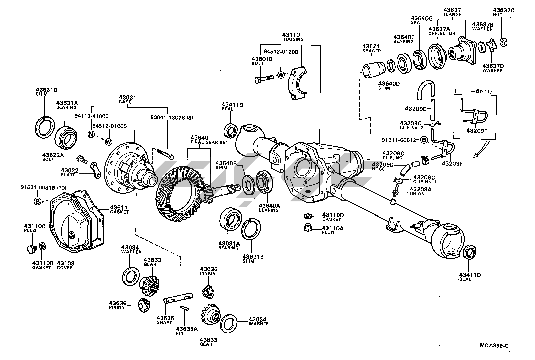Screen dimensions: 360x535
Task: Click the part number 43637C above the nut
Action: click(503, 11)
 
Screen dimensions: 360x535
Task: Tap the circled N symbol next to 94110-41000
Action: click(91, 134)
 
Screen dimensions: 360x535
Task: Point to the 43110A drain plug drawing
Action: click(307, 228)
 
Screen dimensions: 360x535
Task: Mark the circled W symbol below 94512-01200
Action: click(281, 75)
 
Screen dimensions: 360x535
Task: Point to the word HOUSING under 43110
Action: click(293, 39)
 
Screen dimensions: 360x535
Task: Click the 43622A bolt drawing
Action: click(82, 159)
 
